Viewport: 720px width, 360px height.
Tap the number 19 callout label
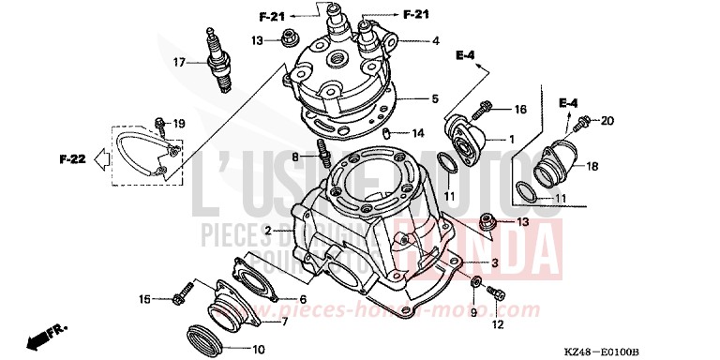click(179, 123)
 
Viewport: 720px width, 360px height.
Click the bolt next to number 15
click(181, 299)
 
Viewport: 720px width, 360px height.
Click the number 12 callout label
click(498, 325)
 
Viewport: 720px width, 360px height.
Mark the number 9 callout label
click(473, 311)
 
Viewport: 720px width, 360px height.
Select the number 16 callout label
click(521, 110)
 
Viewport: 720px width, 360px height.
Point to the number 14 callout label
click(418, 132)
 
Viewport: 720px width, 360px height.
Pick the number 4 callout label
click(435, 40)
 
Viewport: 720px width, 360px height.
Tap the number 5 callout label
click(435, 97)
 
